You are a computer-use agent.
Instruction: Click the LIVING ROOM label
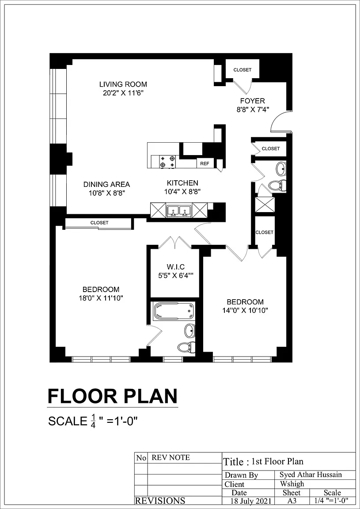123,84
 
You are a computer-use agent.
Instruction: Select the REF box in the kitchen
205,163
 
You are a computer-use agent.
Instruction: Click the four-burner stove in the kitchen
168,162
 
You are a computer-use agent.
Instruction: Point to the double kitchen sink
179,210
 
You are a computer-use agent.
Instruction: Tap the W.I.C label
176,267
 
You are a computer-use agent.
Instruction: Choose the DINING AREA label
106,184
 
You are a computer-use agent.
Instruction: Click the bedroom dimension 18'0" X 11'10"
101,297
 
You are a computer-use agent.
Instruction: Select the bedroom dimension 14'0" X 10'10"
245,310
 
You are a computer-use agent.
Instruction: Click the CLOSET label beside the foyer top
243,70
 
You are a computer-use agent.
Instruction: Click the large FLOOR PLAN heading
113,396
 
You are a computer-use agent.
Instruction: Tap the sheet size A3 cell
292,501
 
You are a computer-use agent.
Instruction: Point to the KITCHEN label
182,183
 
